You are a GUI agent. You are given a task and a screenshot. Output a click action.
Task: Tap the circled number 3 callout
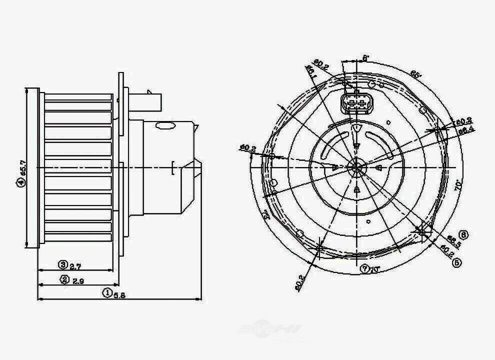click(x=62, y=264)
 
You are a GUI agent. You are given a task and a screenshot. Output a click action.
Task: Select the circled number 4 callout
click(x=20, y=184)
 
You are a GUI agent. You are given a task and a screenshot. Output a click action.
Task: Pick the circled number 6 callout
click(x=464, y=234)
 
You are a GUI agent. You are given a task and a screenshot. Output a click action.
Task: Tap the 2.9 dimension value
click(x=77, y=280)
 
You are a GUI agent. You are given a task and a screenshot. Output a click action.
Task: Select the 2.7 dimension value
click(x=75, y=265)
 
